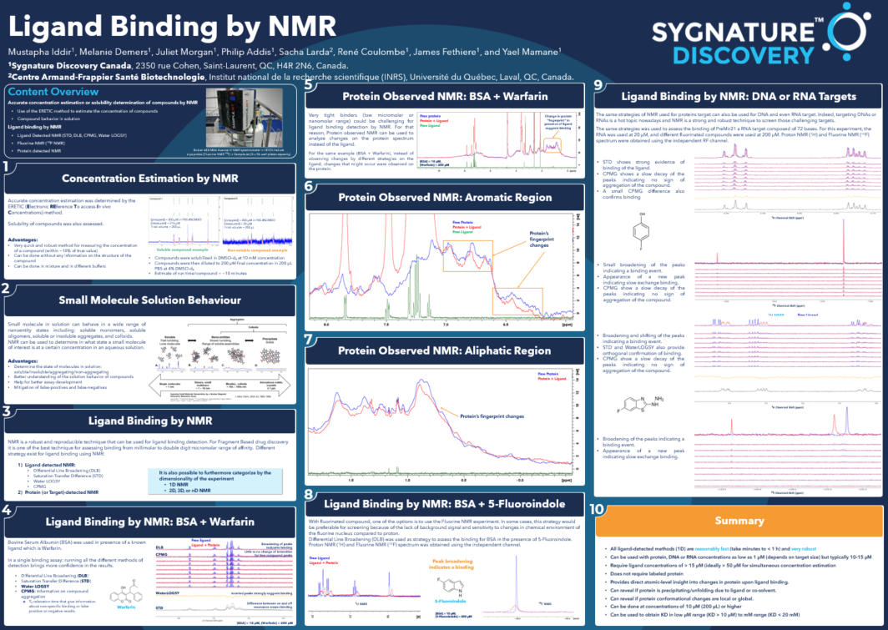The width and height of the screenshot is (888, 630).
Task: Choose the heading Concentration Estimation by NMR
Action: click(150, 179)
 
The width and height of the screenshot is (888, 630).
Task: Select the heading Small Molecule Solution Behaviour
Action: click(149, 300)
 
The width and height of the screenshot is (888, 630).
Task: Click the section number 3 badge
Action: click(7, 411)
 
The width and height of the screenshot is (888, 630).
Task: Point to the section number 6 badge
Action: click(309, 187)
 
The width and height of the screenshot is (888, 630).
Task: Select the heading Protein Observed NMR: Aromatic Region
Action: click(446, 198)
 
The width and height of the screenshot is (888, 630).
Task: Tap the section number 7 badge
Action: click(309, 340)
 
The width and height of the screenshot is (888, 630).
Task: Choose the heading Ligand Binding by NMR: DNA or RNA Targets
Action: click(739, 96)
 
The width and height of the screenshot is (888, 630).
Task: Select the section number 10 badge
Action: click(598, 509)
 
